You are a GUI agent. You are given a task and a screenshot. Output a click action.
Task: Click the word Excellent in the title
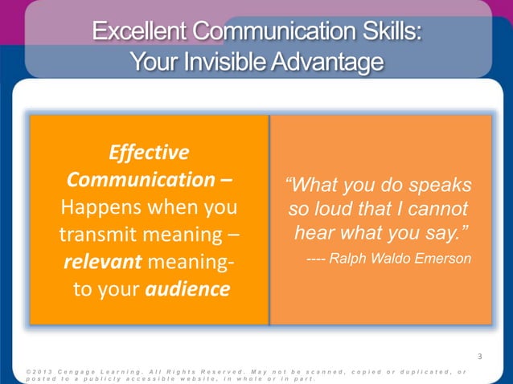tap(137, 34)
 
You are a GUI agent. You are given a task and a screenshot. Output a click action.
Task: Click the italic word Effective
tap(149, 152)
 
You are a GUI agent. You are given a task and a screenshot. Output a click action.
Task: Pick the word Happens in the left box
tap(101, 207)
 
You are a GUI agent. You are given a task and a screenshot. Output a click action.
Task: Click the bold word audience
tap(187, 289)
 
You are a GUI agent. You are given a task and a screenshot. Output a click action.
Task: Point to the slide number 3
tap(479, 357)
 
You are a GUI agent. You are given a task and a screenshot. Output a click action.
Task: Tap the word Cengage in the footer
tap(79, 370)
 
